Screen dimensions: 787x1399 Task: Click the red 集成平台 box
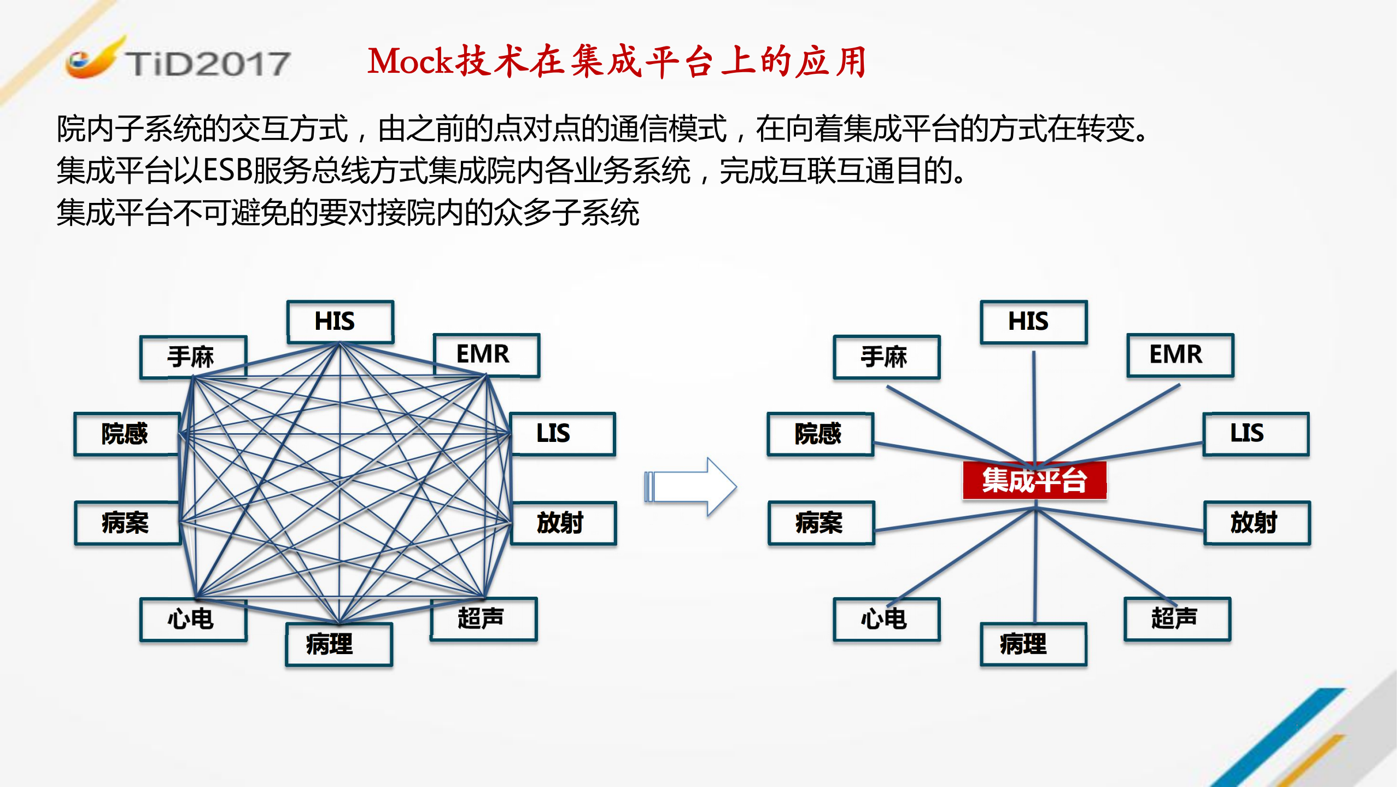pyautogui.click(x=1034, y=480)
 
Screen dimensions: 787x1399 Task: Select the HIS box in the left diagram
pyautogui.click(x=340, y=322)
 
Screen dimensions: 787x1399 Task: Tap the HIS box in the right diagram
pyautogui.click(x=1033, y=322)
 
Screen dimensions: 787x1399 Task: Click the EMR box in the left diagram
pyautogui.click(x=487, y=354)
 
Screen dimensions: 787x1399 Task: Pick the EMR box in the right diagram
pyautogui.click(x=1180, y=354)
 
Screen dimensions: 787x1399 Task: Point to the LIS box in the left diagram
pyautogui.click(x=563, y=434)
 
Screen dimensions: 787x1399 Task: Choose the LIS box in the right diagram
pyautogui.click(x=1256, y=434)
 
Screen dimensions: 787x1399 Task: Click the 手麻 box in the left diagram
pyautogui.click(x=194, y=357)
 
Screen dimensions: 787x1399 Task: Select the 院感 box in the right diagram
pyautogui.click(x=820, y=434)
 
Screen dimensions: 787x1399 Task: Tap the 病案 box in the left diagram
pyautogui.click(x=127, y=523)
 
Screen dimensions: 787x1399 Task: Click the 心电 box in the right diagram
pyautogui.click(x=886, y=619)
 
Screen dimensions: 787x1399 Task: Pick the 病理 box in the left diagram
pyautogui.click(x=339, y=644)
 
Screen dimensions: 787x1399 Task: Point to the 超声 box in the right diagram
pyautogui.click(x=1177, y=619)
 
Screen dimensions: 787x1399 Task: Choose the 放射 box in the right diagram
pyautogui.click(x=1257, y=523)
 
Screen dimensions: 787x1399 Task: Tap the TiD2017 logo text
pyautogui.click(x=208, y=63)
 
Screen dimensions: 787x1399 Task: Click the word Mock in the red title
pyautogui.click(x=410, y=61)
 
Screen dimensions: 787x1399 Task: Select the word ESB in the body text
pyautogui.click(x=227, y=170)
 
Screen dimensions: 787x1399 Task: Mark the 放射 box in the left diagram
pyautogui.click(x=563, y=523)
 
